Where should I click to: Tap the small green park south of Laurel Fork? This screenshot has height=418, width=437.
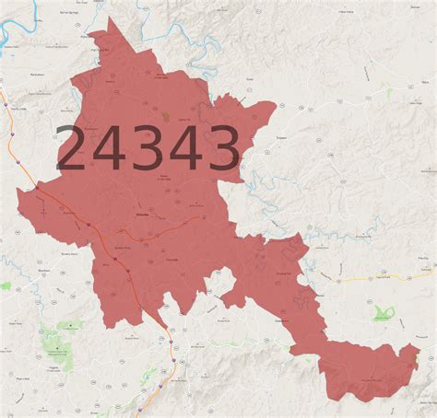tap(384, 314)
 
